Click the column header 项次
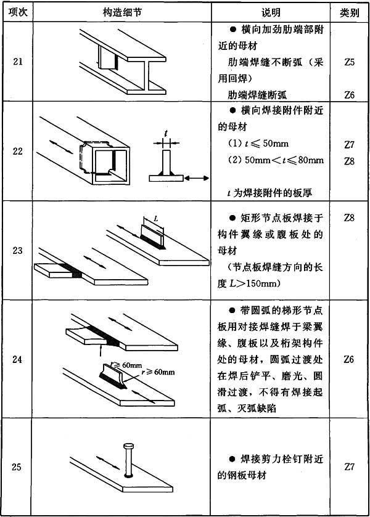17,12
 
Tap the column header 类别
350,12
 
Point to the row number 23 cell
17,250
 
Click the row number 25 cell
17,466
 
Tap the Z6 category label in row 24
350,359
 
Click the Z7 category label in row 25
350,466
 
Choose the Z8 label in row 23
350,218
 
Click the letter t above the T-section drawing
165,133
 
